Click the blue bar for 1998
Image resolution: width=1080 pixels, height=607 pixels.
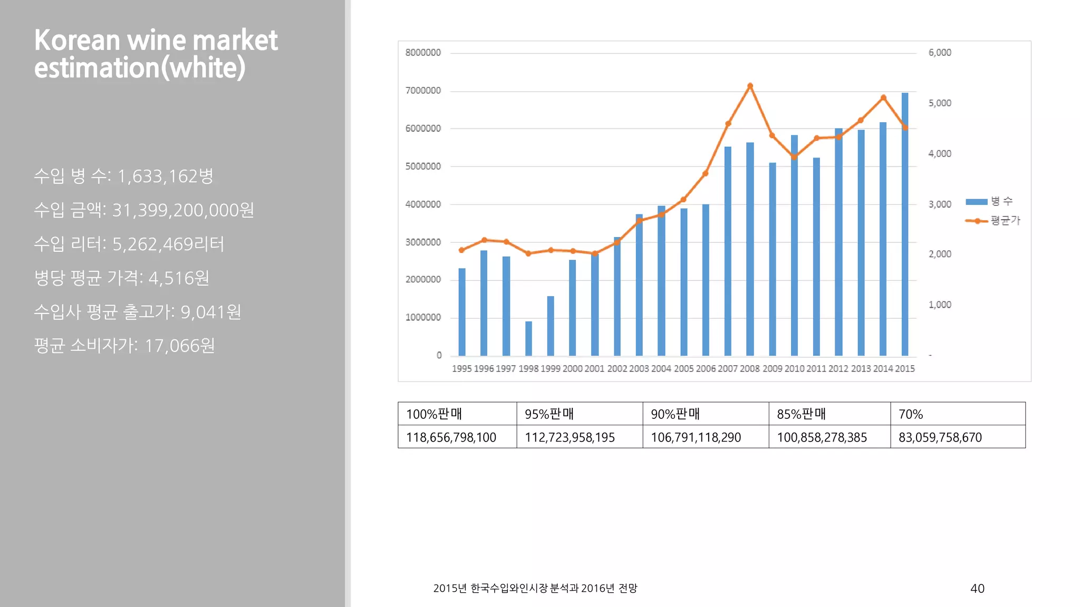click(x=528, y=338)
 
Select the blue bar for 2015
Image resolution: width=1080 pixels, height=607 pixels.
click(x=905, y=224)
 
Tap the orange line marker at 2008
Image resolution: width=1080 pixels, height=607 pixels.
click(x=750, y=86)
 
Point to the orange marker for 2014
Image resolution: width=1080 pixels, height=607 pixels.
click(x=883, y=98)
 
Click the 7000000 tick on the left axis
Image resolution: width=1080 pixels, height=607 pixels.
click(x=423, y=91)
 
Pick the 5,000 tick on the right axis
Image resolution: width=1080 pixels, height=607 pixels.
click(x=940, y=103)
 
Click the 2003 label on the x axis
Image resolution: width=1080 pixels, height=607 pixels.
click(x=639, y=369)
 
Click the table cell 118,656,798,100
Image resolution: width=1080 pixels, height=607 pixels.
click(x=451, y=437)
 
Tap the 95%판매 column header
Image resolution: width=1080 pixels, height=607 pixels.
click(x=549, y=414)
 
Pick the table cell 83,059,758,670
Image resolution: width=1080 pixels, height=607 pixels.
click(x=940, y=437)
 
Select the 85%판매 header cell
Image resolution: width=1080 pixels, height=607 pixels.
click(x=801, y=414)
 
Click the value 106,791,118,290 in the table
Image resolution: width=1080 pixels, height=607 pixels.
click(x=696, y=437)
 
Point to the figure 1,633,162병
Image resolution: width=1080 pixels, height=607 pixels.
click(x=165, y=176)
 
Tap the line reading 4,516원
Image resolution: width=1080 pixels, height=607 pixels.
click(x=179, y=278)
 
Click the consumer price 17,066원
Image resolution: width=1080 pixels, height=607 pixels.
click(x=180, y=346)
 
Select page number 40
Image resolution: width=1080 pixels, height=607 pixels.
click(x=977, y=589)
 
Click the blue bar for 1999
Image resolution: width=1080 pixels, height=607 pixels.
click(x=551, y=326)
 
